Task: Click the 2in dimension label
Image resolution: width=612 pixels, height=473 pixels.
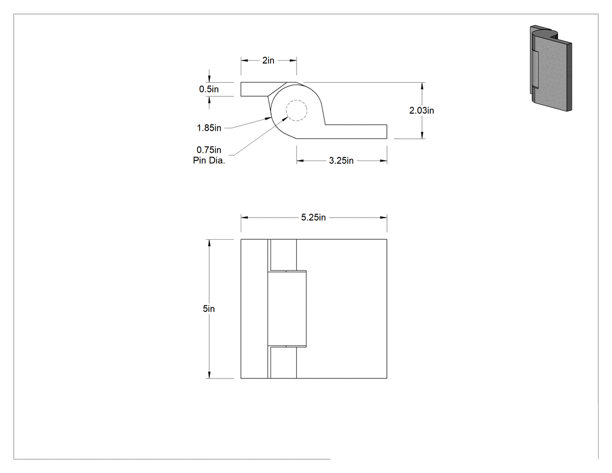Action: point(268,60)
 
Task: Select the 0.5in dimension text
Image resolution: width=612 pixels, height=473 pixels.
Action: point(209,89)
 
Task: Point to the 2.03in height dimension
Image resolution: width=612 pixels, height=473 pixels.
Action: point(421,111)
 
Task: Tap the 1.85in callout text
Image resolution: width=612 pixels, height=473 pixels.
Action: point(209,128)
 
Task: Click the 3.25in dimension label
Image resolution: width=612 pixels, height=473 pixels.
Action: point(341,160)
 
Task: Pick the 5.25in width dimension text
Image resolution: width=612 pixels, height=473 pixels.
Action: point(314,218)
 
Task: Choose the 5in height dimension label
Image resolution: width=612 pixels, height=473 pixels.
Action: point(209,309)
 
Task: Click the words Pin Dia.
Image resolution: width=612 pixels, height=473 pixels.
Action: point(209,160)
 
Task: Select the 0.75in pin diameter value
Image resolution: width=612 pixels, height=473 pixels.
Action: point(209,150)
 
